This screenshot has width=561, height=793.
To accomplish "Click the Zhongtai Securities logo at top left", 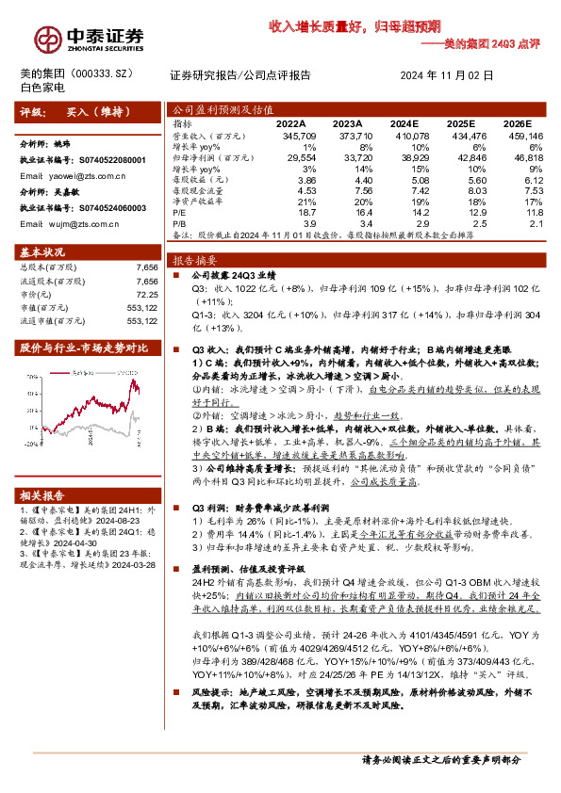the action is point(91,36).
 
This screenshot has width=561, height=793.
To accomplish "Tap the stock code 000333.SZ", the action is point(114,73).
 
